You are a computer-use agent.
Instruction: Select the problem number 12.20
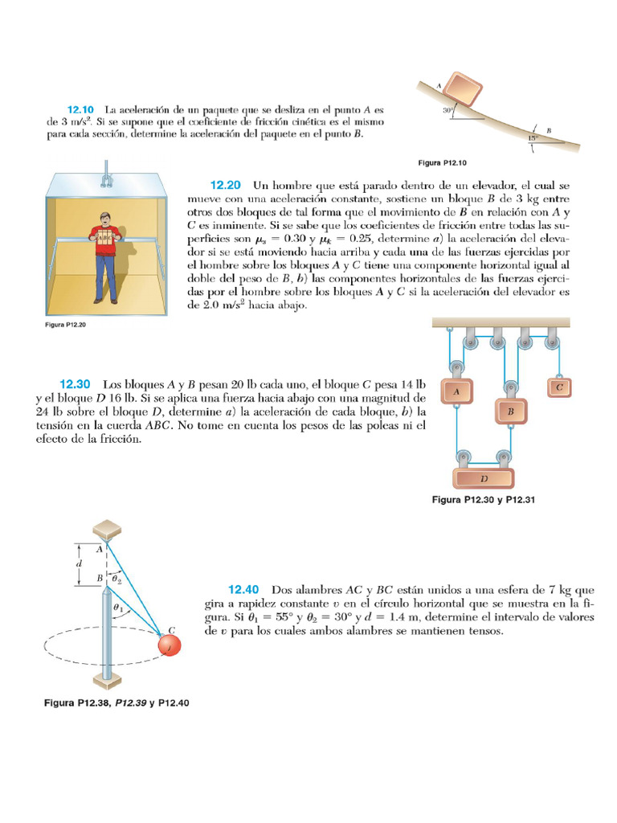point(227,184)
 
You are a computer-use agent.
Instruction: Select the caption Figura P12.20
point(72,326)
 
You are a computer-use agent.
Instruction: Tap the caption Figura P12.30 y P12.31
point(484,499)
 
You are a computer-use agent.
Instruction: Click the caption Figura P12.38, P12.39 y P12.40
point(116,702)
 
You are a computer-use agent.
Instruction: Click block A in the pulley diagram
point(456,391)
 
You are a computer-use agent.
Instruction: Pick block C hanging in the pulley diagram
point(558,387)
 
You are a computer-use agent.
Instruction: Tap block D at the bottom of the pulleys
point(484,477)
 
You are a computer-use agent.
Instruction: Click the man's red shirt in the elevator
point(106,238)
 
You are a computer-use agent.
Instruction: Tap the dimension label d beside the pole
point(79,563)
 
